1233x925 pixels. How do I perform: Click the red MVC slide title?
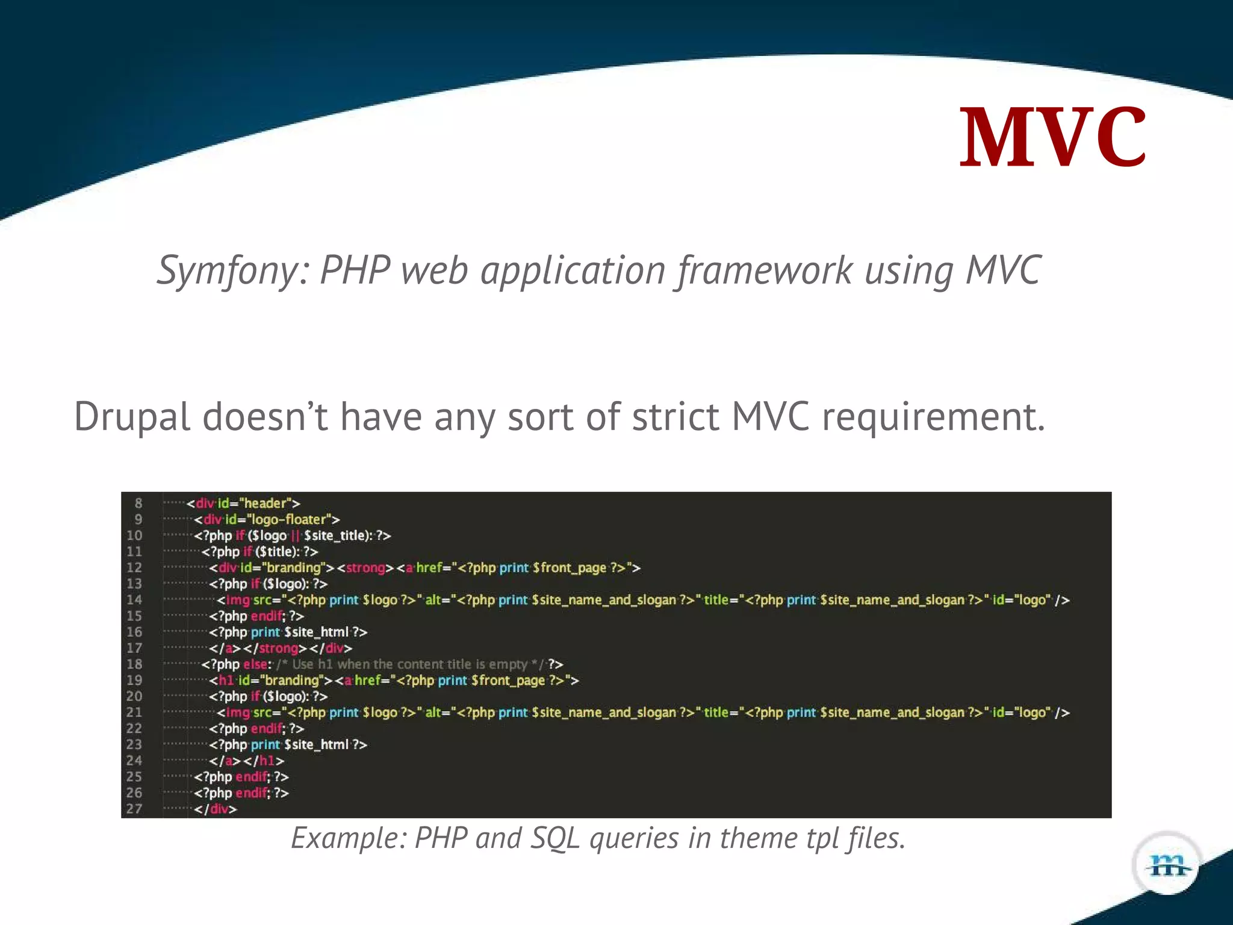pyautogui.click(x=1052, y=137)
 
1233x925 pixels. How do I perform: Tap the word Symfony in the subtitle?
pyautogui.click(x=232, y=270)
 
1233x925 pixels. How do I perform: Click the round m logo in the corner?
pyautogui.click(x=1167, y=865)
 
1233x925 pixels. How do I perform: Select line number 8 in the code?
pyautogui.click(x=138, y=503)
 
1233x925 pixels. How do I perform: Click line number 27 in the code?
pyautogui.click(x=134, y=809)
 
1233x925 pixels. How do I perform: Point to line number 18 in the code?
pyautogui.click(x=134, y=664)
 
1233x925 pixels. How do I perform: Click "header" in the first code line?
pyautogui.click(x=265, y=503)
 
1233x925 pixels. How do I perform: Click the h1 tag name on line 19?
pyautogui.click(x=226, y=681)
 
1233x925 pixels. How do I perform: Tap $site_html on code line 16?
pyautogui.click(x=316, y=632)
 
